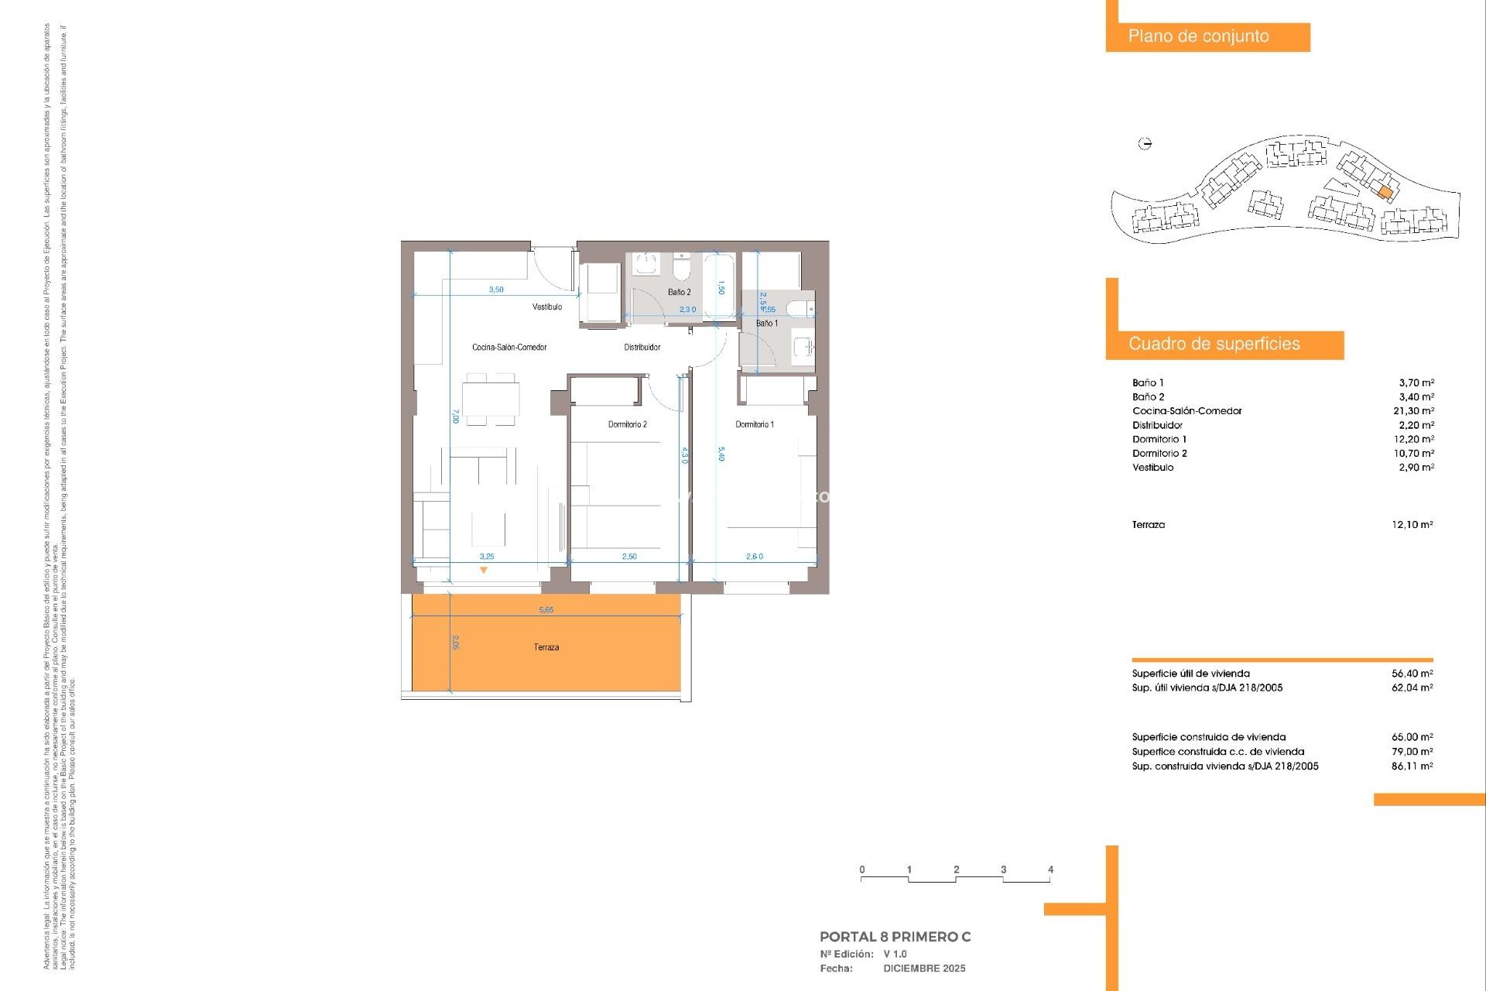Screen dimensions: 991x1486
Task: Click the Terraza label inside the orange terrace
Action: point(546,647)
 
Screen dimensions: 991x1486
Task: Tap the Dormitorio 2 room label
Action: point(627,424)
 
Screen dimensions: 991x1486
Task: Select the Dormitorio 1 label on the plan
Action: point(754,424)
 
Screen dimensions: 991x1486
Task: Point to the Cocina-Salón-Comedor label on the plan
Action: point(509,348)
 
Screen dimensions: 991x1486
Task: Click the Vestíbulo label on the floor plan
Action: point(546,307)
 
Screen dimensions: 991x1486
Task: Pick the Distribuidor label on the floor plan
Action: point(642,348)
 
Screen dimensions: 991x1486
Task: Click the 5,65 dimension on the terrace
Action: point(546,610)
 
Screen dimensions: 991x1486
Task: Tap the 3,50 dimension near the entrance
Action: point(496,290)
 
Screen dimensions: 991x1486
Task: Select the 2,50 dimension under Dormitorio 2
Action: point(629,557)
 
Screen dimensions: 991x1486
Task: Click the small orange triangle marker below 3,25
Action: point(484,571)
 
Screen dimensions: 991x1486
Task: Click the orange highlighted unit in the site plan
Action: point(1385,192)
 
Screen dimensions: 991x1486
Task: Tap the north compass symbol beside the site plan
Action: point(1145,143)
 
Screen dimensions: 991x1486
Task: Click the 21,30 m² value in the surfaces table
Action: point(1413,411)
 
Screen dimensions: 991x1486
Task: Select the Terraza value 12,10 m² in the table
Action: point(1412,525)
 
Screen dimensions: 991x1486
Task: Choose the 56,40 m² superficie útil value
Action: point(1412,674)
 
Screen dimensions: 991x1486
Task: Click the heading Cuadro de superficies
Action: point(1214,345)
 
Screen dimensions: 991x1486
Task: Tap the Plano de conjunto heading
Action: point(1198,36)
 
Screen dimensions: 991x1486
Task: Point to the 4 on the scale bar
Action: point(1050,869)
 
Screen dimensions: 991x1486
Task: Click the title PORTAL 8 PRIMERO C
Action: point(895,937)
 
